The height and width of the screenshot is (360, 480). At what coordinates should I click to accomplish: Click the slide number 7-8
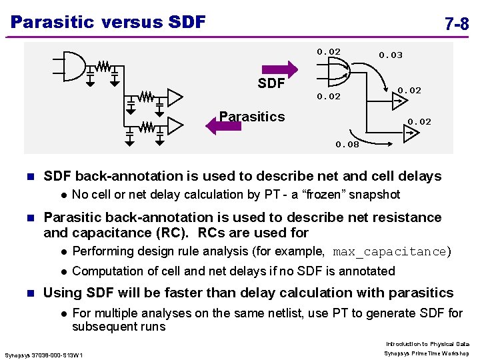click(456, 25)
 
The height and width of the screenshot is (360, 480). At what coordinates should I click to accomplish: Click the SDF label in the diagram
click(271, 83)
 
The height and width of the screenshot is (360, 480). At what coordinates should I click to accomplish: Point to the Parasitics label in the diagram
click(252, 117)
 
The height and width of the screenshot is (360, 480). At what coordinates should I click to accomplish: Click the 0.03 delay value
click(391, 55)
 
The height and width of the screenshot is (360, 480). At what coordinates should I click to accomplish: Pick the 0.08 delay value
click(347, 144)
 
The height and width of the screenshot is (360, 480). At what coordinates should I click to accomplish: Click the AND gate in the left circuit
click(75, 64)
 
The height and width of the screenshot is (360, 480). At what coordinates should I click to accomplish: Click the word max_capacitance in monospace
click(389, 252)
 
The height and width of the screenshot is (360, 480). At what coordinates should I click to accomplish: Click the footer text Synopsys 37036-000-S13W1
click(43, 354)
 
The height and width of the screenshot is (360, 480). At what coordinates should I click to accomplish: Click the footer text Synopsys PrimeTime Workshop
click(427, 353)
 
